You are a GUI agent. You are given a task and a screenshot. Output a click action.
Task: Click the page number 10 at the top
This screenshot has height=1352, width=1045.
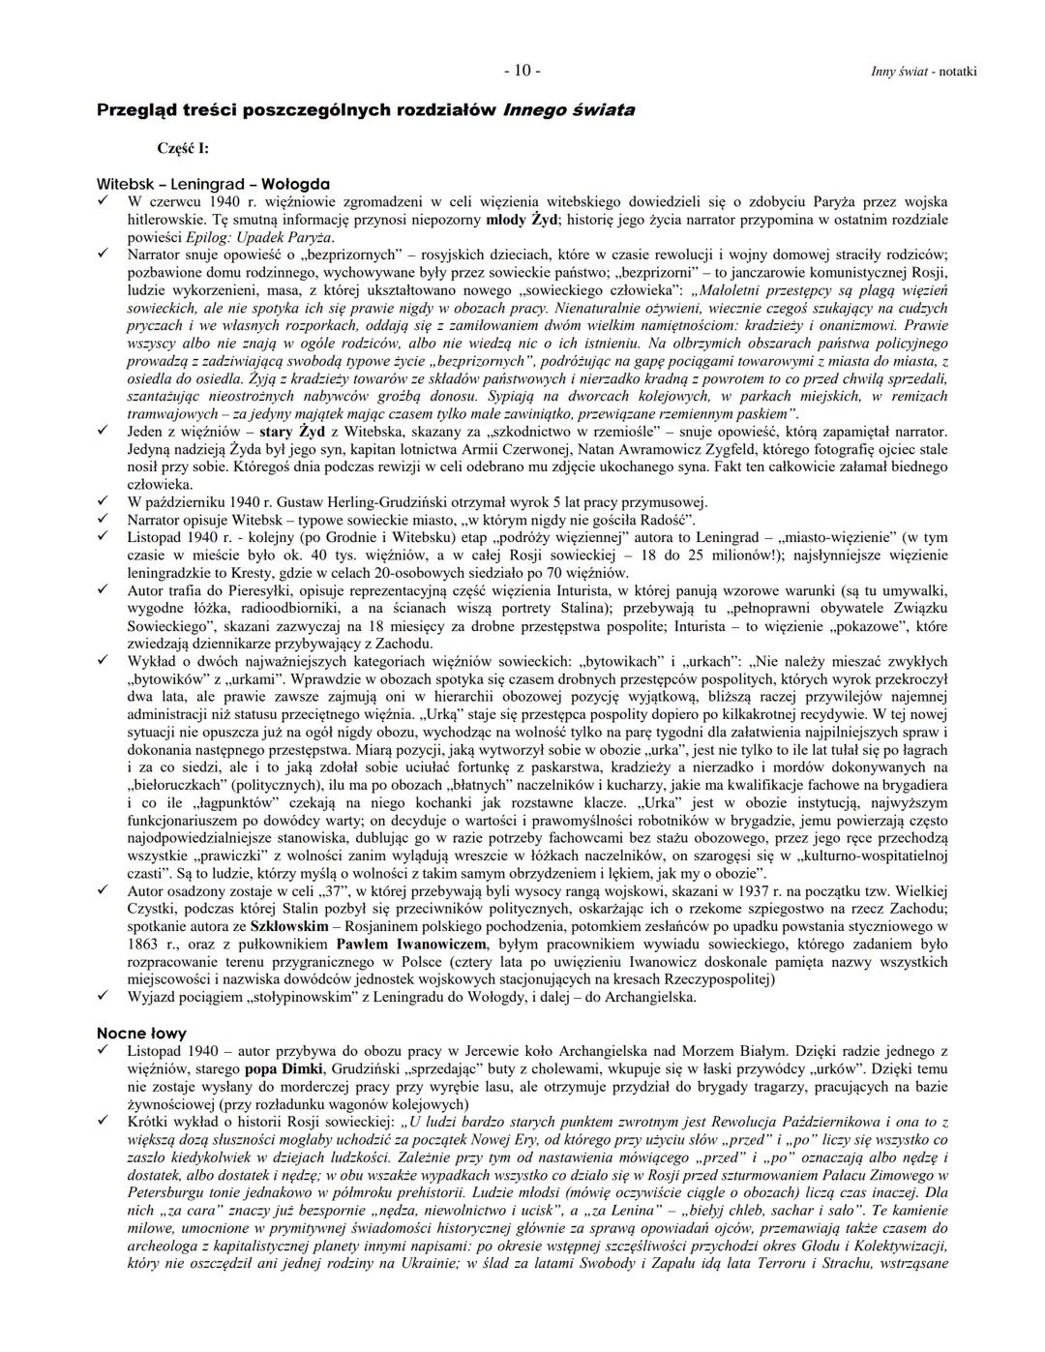click(x=522, y=71)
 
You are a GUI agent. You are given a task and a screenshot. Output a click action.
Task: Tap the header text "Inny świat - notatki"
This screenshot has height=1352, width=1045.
click(x=923, y=72)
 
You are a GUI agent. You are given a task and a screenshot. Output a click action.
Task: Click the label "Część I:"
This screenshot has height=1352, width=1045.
click(x=183, y=148)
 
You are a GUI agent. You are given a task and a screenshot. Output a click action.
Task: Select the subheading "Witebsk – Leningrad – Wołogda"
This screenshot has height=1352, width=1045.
click(x=213, y=184)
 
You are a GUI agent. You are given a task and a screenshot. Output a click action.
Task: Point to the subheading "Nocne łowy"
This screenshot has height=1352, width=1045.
click(x=141, y=1033)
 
